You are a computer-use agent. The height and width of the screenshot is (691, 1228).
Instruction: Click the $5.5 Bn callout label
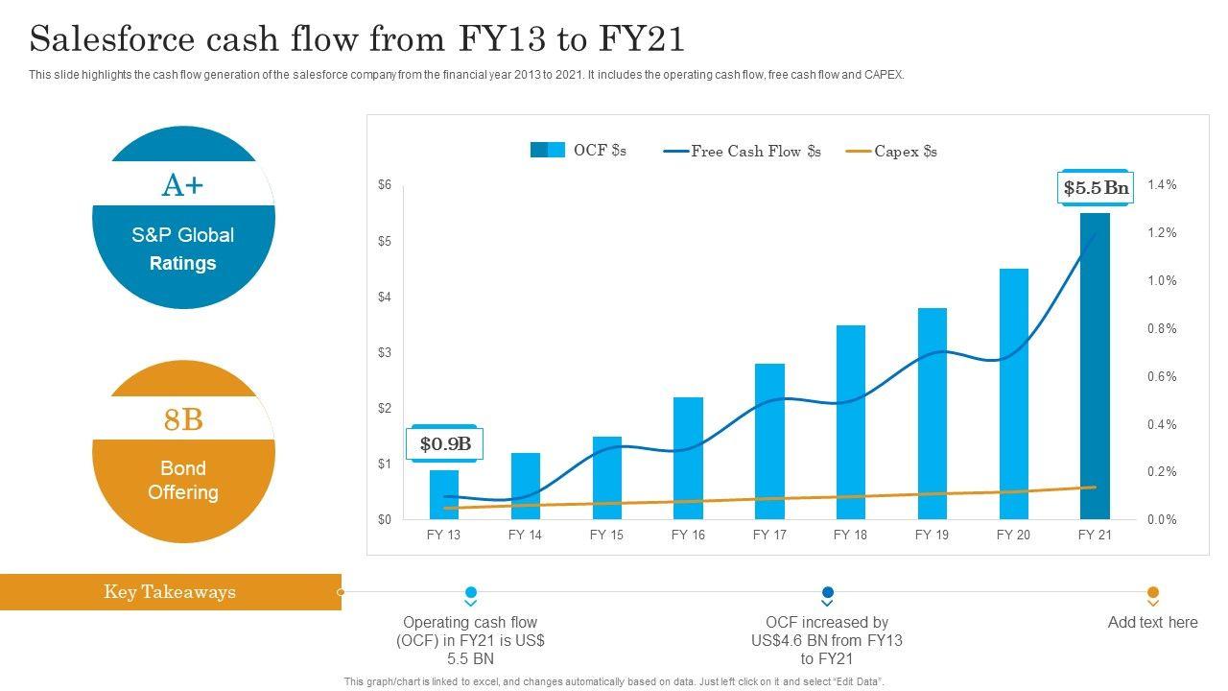pos(1096,188)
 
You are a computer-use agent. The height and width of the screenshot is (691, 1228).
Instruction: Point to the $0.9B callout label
pos(446,443)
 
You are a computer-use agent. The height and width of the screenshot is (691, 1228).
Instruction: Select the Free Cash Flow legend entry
pos(743,151)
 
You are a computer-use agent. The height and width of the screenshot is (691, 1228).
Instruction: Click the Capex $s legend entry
pos(892,151)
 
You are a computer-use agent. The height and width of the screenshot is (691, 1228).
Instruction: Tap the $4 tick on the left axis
pos(385,298)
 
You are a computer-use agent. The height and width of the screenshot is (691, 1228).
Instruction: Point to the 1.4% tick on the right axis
pos(1162,185)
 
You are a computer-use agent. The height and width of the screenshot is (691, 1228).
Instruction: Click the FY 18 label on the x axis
pos(850,535)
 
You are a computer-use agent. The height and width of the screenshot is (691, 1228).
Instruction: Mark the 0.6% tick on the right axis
pos(1162,377)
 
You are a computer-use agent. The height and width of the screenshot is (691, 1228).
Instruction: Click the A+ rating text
pos(183,184)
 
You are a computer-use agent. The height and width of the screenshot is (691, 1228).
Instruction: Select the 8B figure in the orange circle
pos(183,419)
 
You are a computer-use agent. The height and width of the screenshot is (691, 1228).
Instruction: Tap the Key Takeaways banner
pos(170,591)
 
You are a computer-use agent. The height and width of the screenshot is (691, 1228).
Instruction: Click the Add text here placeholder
pos(1152,622)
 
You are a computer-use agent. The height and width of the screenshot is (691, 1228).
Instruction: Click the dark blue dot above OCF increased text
pos(828,592)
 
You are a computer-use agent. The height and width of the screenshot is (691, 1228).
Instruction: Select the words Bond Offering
pos(183,480)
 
